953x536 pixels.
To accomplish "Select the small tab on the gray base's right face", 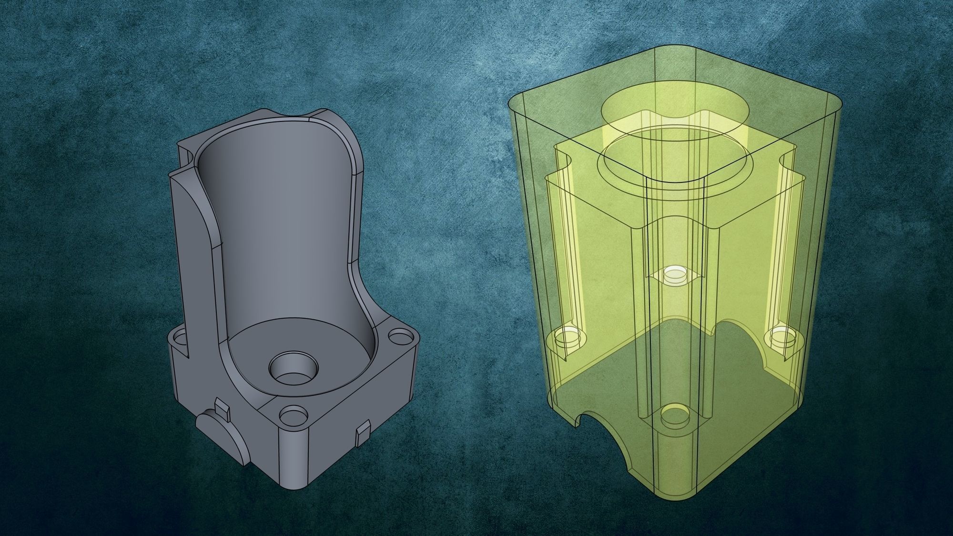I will tap(364, 432).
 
